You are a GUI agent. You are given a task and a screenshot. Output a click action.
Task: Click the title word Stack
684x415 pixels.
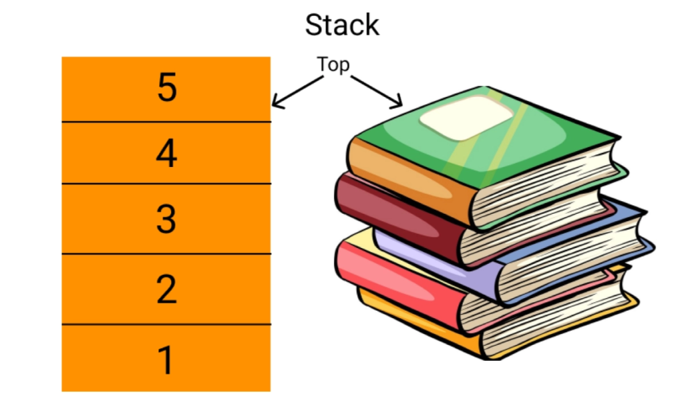(342, 25)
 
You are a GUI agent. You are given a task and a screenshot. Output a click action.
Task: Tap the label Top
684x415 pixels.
(333, 64)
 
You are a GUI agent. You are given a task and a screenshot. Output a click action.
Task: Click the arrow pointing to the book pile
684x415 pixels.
(378, 91)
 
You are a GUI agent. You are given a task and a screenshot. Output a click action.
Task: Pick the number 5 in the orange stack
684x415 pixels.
(166, 88)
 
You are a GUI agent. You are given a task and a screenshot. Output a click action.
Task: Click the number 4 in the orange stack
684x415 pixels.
(166, 154)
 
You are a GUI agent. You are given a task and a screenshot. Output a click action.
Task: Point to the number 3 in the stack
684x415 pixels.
(166, 219)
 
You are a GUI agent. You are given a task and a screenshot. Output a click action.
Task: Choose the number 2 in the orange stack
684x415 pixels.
(166, 289)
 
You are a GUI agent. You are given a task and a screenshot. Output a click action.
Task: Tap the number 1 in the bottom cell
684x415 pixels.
(166, 360)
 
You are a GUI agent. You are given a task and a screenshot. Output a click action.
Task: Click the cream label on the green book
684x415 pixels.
(466, 117)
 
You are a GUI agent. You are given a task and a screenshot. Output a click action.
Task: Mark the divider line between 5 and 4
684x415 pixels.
(166, 122)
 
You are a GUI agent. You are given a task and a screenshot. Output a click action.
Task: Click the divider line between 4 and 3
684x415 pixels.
(166, 184)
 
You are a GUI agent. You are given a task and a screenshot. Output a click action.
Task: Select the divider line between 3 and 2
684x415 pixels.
(166, 254)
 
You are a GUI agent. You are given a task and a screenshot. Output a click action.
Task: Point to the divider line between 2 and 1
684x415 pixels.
(166, 325)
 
